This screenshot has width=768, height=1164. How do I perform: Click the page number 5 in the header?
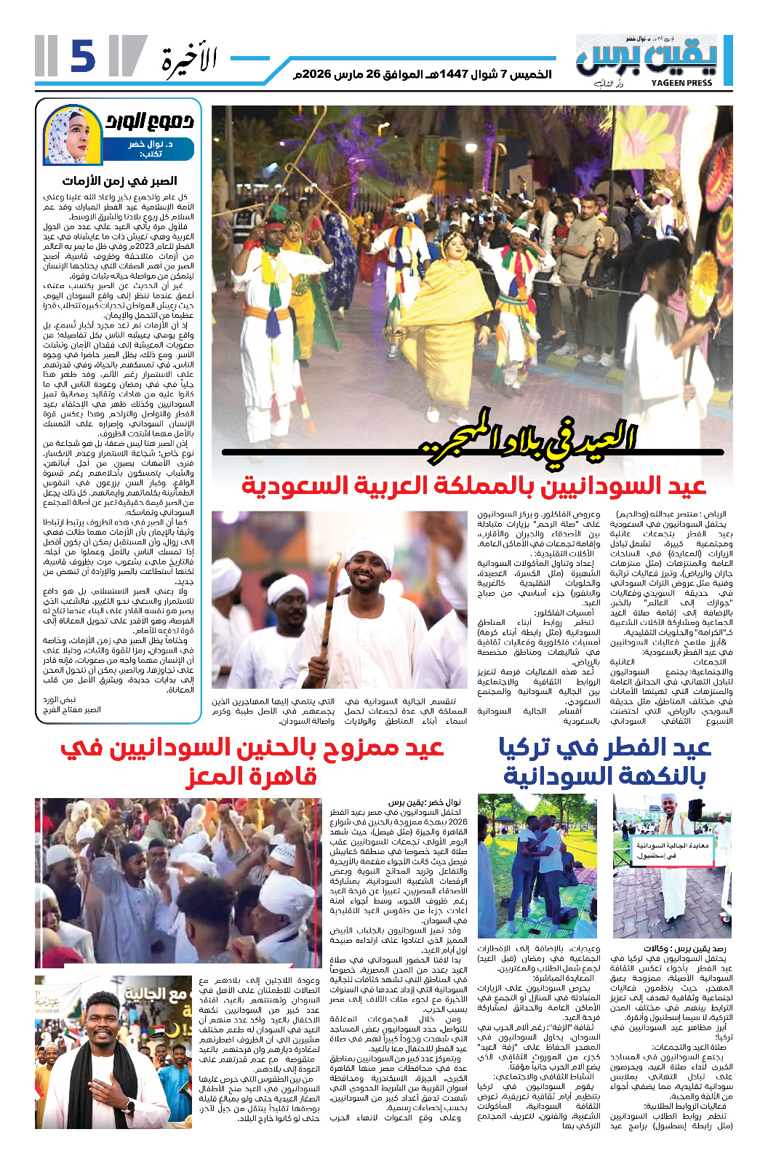[x=82, y=57]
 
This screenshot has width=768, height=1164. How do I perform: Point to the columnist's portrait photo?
[x=71, y=135]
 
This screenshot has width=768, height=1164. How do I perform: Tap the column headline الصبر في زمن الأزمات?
[x=120, y=181]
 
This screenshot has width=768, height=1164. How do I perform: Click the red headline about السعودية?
[x=473, y=485]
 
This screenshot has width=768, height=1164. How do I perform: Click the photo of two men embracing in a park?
[x=537, y=866]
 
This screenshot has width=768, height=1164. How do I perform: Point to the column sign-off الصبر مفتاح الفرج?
[x=72, y=709]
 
